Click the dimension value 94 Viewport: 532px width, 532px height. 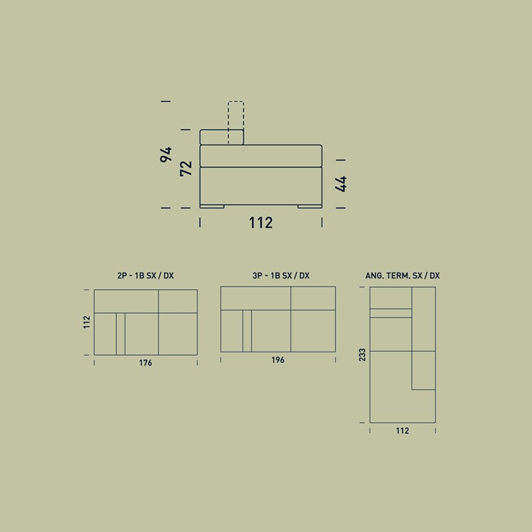click(x=166, y=155)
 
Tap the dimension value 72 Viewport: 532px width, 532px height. click(x=186, y=168)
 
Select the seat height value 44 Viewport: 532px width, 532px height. click(x=340, y=184)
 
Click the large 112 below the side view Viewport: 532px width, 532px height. click(x=261, y=223)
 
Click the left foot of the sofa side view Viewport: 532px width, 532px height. click(x=212, y=206)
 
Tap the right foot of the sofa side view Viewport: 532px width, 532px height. click(x=310, y=206)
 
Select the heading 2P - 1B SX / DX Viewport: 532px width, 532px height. click(x=146, y=275)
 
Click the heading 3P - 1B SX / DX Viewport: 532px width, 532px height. click(x=281, y=275)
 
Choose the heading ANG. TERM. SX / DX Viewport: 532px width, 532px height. click(x=402, y=275)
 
